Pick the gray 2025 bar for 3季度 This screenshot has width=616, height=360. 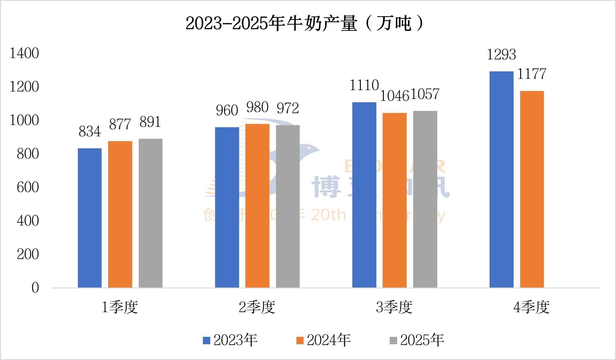(425, 199)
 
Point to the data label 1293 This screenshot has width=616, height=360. (501, 55)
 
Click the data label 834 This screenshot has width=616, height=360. (90, 132)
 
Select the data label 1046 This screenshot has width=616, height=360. (394, 96)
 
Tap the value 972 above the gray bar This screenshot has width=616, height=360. (288, 108)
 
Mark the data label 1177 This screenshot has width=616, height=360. (532, 74)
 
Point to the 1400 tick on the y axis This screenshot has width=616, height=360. (24, 53)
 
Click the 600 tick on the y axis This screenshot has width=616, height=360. (28, 187)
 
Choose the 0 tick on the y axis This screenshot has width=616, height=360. (35, 288)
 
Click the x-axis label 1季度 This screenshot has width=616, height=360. (120, 307)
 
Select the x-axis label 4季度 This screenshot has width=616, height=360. (531, 307)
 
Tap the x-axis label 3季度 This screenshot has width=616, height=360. (394, 307)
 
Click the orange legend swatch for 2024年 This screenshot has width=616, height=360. (300, 340)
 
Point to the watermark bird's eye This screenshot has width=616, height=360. (309, 148)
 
